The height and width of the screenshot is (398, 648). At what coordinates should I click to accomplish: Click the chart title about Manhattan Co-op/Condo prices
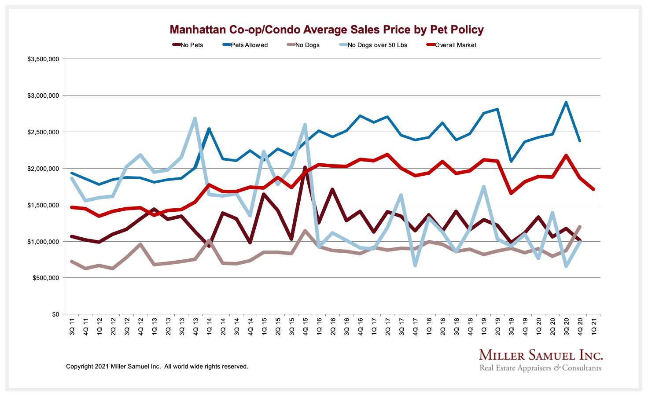[x=327, y=30]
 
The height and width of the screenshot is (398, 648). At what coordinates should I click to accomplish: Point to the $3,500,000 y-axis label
[x=43, y=59]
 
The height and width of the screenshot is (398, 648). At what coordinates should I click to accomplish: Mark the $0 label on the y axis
[x=55, y=314]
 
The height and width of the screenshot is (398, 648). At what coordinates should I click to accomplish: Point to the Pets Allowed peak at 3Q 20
[x=566, y=102]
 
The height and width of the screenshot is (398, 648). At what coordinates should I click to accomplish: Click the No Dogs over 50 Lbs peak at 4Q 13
[x=195, y=118]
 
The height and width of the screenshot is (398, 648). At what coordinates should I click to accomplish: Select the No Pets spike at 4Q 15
[x=305, y=167]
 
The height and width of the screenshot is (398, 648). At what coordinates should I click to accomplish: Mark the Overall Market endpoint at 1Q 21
[x=593, y=189]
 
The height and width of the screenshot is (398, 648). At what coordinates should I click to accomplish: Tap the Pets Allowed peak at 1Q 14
[x=209, y=129]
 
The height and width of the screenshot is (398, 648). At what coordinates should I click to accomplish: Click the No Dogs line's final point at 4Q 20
[x=580, y=227]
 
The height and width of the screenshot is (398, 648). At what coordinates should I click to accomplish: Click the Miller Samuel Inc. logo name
[x=541, y=355]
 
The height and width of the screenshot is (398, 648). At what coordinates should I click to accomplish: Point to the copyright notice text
[x=157, y=366]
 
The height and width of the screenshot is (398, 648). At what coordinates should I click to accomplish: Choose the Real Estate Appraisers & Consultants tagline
[x=540, y=368]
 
